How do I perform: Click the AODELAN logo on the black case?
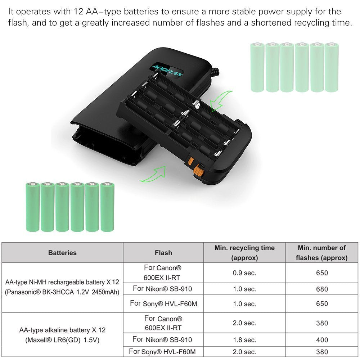(x=168, y=69)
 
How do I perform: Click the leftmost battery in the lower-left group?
(x=32, y=207)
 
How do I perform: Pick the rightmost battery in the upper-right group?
(x=332, y=67)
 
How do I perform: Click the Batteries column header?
(x=62, y=253)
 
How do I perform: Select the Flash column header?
(x=163, y=253)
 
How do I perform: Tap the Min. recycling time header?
(x=244, y=253)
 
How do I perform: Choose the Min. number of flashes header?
(x=321, y=253)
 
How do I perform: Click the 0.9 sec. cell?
(x=244, y=273)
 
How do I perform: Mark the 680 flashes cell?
(x=321, y=289)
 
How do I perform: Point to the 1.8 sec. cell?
(x=244, y=339)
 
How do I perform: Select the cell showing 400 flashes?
(x=321, y=339)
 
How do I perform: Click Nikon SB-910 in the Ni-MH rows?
(x=163, y=289)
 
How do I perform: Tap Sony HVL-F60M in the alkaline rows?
(x=163, y=352)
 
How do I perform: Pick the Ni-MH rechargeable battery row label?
(x=62, y=287)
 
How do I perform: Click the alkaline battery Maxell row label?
(x=62, y=335)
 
